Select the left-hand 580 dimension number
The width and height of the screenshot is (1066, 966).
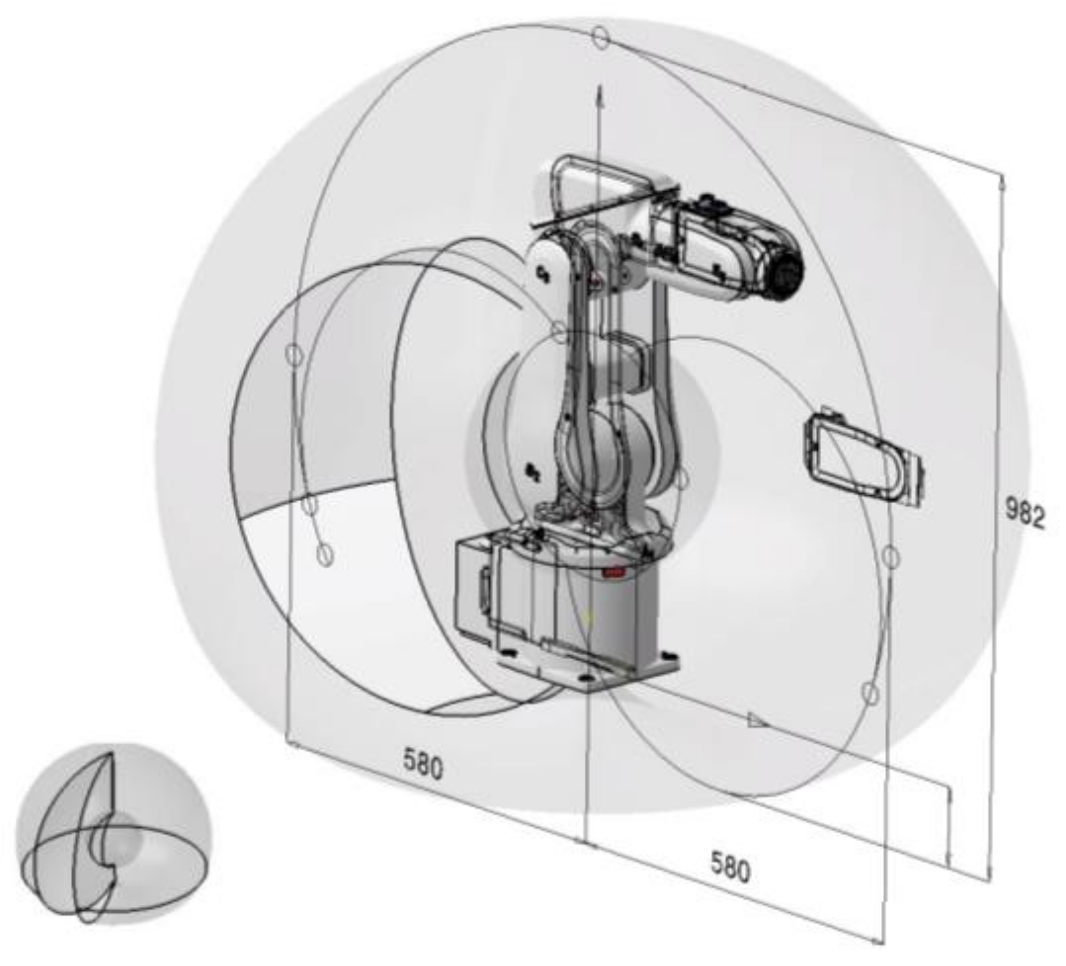click(x=423, y=765)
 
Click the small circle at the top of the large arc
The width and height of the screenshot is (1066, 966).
click(x=600, y=36)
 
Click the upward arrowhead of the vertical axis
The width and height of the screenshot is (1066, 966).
click(x=599, y=96)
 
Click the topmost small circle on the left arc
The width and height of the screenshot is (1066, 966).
click(x=293, y=354)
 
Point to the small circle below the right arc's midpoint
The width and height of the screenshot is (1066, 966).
click(x=890, y=557)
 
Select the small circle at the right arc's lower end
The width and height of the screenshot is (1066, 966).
click(x=870, y=692)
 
